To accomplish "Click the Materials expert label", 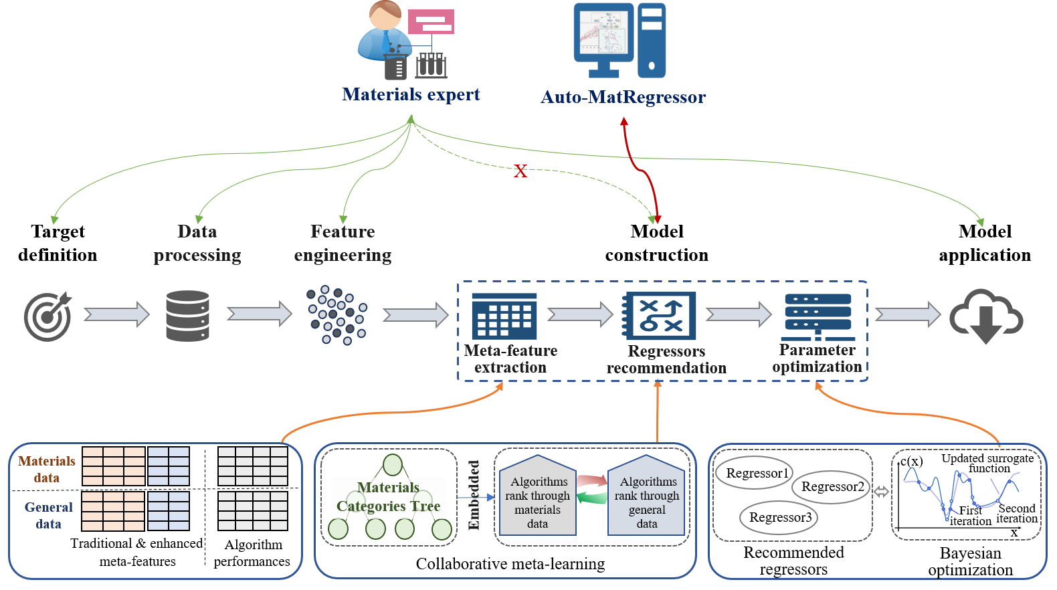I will point(411,94).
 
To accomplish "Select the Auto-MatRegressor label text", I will point(623,98).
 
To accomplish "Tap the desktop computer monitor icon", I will point(604,39).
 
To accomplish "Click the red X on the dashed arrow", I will point(520,171).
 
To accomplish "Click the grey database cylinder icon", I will point(187,316).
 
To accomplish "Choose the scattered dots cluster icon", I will point(337,315).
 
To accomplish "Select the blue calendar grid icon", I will point(504,316).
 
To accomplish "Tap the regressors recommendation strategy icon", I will point(660,316).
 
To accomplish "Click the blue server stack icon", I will point(818,316).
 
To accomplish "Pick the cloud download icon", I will point(985,316).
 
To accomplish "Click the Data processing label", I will point(197,243).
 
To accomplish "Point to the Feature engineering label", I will point(343,243).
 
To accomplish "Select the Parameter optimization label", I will point(817,359).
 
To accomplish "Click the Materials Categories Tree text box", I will point(389,497).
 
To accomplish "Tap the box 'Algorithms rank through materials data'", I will point(538,502).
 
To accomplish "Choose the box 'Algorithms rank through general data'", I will point(647,502).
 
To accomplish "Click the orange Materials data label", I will point(47,469).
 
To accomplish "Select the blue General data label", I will point(48,515).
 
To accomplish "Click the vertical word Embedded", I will point(474,495).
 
